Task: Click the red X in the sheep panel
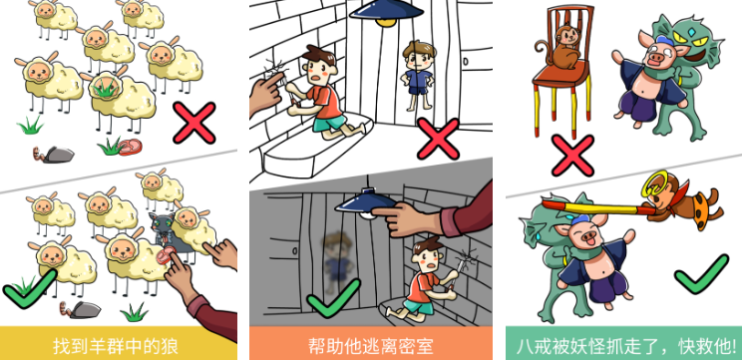pos(194,123)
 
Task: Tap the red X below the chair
pos(572,156)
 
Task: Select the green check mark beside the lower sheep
pos(29,289)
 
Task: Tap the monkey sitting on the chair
pos(562,47)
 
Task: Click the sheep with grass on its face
pos(121,97)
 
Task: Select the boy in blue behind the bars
pos(418,76)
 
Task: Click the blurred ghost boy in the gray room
pos(338,259)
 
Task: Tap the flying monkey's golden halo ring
pos(653,185)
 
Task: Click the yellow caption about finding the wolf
pos(116,346)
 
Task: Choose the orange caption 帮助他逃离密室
pos(371,346)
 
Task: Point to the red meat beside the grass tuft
pos(130,147)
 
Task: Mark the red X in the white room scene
pos(438,139)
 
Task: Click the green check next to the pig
pos(701,274)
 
